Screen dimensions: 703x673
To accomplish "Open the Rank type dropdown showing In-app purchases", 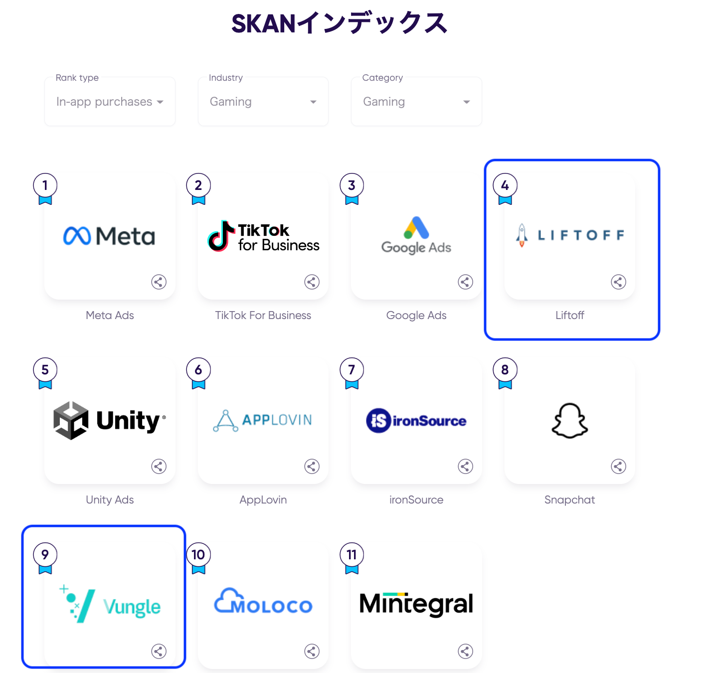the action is tap(110, 102).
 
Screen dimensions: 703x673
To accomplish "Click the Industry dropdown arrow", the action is tap(313, 102).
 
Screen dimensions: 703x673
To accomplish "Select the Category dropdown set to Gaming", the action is tap(416, 102).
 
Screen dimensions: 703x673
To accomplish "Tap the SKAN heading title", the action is tap(340, 23).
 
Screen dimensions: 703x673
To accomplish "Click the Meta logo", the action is tap(109, 236).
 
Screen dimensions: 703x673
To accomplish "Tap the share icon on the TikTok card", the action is tap(312, 282).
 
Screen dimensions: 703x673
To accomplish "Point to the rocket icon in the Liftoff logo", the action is tap(522, 235).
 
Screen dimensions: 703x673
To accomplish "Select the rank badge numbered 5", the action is tap(45, 370).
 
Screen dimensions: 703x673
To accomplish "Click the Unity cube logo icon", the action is tap(71, 420).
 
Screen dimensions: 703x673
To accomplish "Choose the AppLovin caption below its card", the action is tap(263, 500).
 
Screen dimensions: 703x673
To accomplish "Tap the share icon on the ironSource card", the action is tap(465, 467).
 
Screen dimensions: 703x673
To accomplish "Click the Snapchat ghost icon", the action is tap(570, 421).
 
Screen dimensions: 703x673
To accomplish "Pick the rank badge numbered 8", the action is tap(505, 370).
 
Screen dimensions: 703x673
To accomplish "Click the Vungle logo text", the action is tap(132, 607).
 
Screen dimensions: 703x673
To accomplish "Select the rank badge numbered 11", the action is tap(351, 555).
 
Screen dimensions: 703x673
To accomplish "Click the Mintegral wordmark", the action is tap(416, 604).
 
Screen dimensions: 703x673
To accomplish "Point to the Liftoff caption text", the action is tap(570, 316).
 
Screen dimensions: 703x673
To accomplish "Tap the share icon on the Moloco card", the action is tap(312, 651).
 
